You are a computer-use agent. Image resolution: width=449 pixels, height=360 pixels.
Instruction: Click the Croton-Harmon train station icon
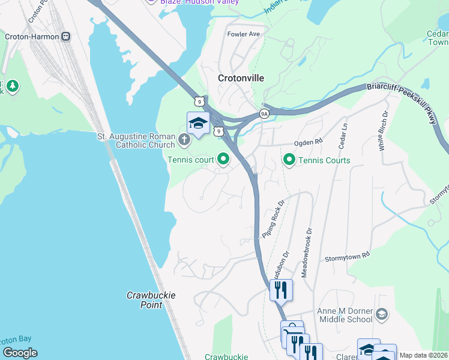click(x=65, y=37)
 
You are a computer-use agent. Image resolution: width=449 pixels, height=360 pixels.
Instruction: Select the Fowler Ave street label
click(x=243, y=34)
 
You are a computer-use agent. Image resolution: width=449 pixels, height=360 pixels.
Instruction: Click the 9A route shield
click(x=264, y=113)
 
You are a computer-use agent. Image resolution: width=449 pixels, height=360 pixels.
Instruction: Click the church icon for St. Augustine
click(x=184, y=141)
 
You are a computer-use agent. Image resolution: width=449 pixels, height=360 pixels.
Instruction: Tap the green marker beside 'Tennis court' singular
click(x=224, y=159)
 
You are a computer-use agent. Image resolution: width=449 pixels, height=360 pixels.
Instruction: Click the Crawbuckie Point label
click(x=144, y=300)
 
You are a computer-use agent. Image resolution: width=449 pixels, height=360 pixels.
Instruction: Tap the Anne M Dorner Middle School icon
click(x=381, y=314)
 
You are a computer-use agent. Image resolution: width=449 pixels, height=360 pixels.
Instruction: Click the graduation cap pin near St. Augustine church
click(x=198, y=122)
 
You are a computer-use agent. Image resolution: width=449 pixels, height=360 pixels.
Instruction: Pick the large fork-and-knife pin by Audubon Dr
click(x=281, y=290)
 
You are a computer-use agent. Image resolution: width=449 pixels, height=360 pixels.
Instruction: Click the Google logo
click(x=20, y=353)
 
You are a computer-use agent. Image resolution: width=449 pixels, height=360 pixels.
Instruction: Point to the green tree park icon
click(x=12, y=88)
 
